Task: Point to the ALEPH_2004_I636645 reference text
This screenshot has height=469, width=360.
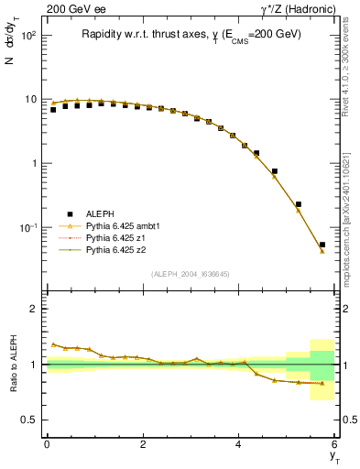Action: [190, 274]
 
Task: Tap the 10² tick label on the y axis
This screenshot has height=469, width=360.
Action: [27, 36]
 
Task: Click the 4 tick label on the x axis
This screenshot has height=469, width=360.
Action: [239, 443]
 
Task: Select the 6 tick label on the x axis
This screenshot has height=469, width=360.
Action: [335, 443]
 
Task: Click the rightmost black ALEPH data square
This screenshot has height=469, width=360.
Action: [322, 245]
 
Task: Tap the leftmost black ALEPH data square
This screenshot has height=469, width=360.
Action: [53, 110]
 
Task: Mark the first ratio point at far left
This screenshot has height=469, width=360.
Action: [53, 344]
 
